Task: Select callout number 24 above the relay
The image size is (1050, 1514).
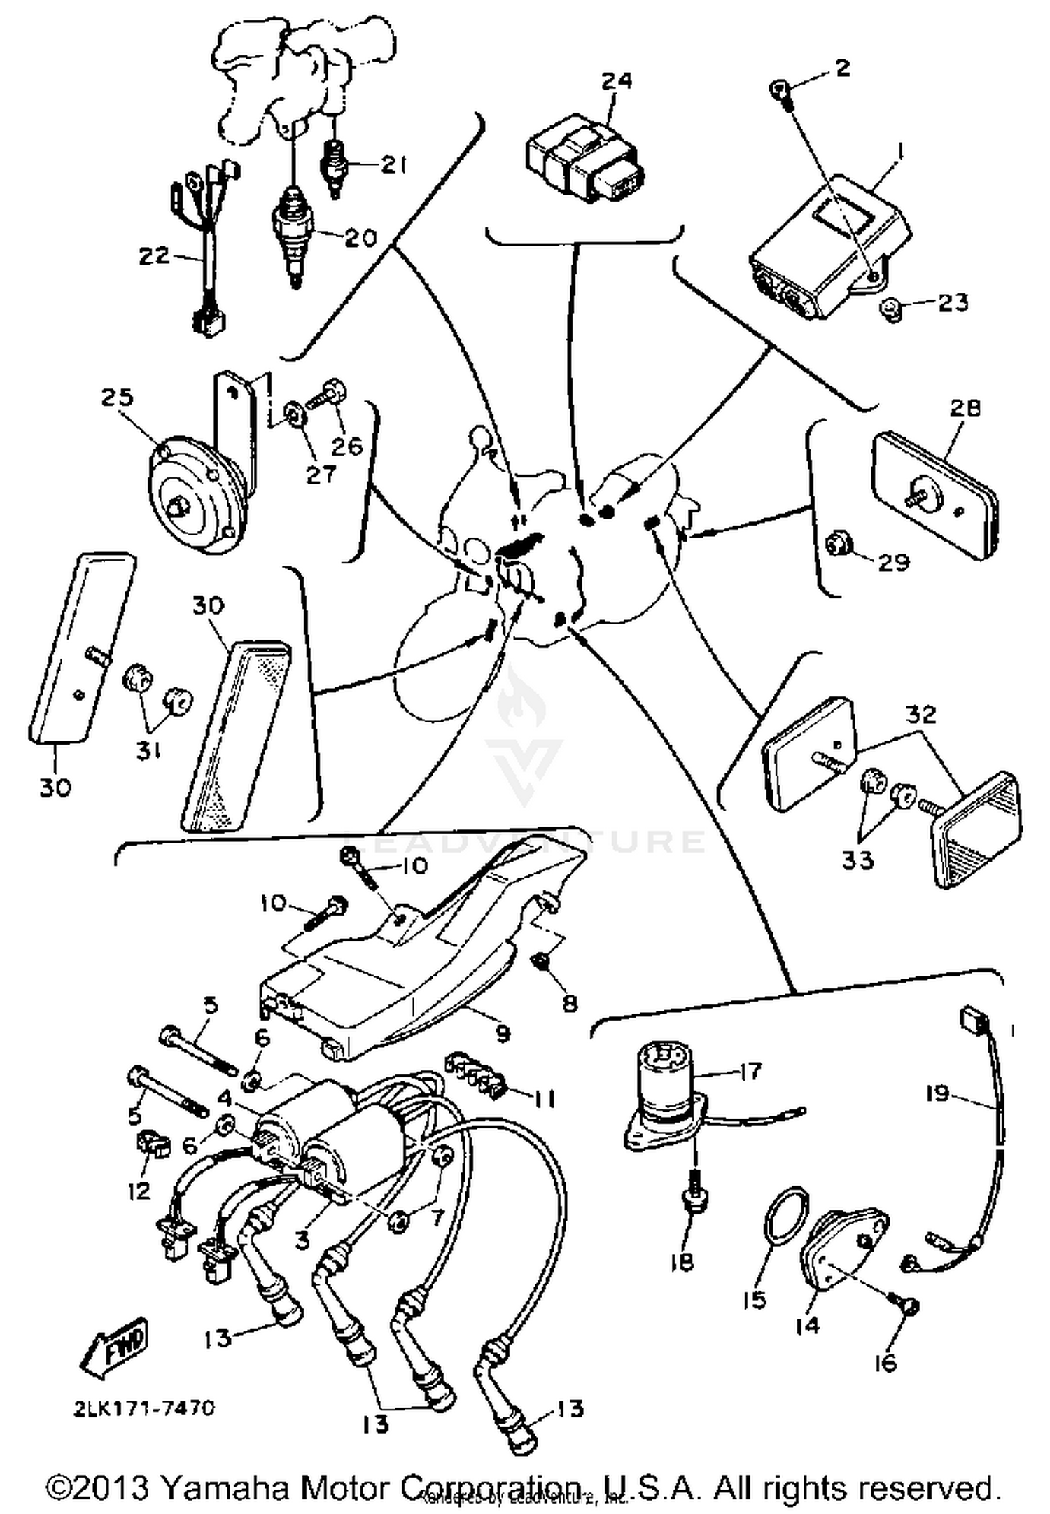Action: coord(617,81)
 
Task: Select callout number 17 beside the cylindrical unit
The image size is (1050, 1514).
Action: coord(749,1071)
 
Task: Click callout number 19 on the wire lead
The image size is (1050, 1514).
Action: coord(937,1093)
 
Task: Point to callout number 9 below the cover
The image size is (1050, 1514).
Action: coord(503,1033)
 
